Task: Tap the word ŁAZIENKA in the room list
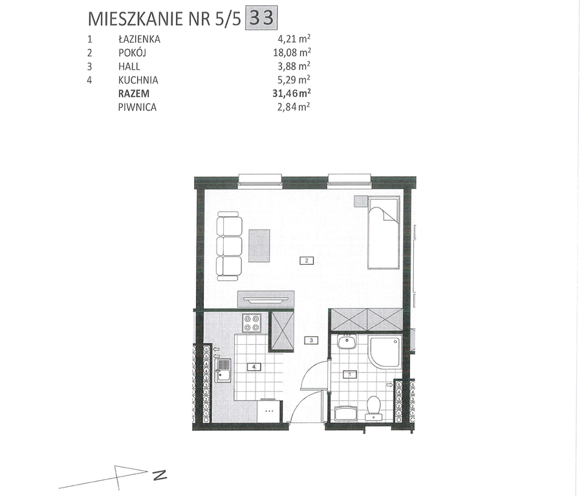pos(138,39)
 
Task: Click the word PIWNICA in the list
pos(137,107)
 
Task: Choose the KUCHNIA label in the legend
pos(138,80)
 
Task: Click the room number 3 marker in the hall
pos(311,340)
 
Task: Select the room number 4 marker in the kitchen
pos(254,367)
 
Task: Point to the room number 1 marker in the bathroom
pos(350,373)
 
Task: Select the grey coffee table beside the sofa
pos(259,245)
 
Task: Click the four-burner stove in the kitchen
pos(252,323)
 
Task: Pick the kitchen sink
pos(224,371)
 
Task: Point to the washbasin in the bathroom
pos(347,342)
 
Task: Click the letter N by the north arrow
pos(160,476)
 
